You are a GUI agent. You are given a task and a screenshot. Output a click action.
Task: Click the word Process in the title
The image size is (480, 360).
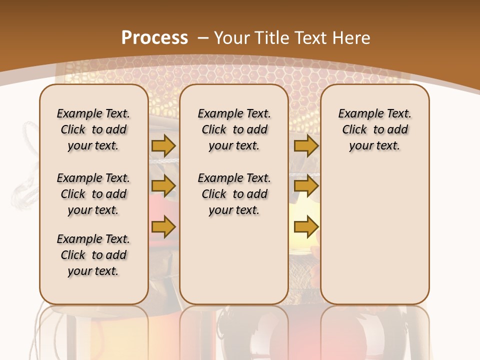coord(154,37)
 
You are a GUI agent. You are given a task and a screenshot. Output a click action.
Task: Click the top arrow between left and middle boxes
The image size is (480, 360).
coord(163,145)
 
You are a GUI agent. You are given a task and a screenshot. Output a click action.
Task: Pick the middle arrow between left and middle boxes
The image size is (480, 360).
coord(163,186)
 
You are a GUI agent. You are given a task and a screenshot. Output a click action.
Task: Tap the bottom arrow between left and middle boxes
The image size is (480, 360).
coord(163,226)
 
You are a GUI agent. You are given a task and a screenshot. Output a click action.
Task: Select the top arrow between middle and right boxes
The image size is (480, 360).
coord(306,145)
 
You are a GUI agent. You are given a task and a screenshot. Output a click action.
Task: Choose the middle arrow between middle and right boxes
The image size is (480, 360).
coord(306,186)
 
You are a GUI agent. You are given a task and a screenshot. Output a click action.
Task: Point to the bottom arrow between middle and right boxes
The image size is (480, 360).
coord(306,226)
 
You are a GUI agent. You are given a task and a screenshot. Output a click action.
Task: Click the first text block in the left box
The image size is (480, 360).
coord(93,129)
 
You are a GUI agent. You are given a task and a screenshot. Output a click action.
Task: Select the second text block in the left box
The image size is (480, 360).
coord(93,194)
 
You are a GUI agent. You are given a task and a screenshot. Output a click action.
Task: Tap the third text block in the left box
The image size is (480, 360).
coord(93,255)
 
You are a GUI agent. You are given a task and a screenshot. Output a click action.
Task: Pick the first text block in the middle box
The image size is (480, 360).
coord(234,129)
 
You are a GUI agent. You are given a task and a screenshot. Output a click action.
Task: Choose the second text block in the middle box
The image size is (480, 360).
coord(234,194)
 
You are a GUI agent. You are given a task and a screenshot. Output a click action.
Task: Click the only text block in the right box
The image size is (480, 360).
coord(375,129)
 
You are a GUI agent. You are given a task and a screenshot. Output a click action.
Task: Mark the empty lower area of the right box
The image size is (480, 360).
coord(375,230)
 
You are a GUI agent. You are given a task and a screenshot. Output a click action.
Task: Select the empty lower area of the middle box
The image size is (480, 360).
coord(234,260)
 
